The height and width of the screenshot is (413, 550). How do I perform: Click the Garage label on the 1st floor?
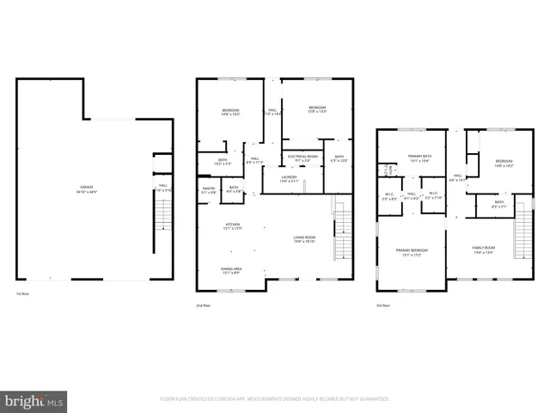[x=87, y=188]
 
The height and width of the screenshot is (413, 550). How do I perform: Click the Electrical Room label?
[x=302, y=157]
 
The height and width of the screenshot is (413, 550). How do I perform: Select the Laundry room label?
[x=289, y=178]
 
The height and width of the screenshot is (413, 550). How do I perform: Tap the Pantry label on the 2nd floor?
[x=207, y=189]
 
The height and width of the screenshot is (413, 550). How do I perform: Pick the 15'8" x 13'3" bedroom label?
[x=317, y=109]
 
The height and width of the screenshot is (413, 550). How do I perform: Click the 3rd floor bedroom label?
[x=504, y=163]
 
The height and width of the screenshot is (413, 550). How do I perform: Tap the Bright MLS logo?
[x=34, y=400]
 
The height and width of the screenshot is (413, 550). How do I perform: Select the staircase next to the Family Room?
[x=523, y=234]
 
